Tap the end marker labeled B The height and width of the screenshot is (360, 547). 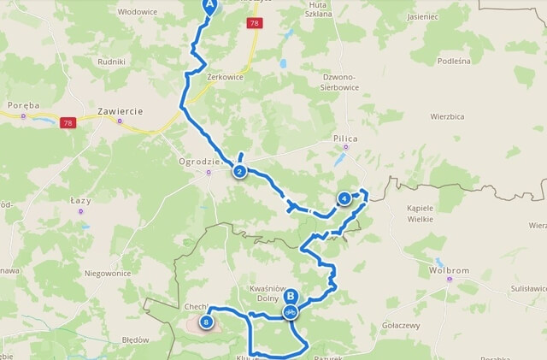coord(291,298)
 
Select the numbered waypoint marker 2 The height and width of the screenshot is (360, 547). coord(239,172)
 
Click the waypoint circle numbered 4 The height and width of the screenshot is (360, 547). coord(344,198)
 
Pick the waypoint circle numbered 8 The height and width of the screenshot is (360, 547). coord(206,322)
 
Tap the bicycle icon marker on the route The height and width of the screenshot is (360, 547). coord(291,313)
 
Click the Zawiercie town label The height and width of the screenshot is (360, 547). coord(120,111)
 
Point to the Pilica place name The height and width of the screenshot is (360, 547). coord(346,138)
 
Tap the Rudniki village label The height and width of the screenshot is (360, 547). coord(112,62)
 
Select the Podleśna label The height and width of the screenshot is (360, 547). coord(454,61)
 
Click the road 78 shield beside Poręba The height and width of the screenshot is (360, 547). coord(68,123)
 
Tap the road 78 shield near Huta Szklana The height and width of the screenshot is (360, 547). coord(255,24)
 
